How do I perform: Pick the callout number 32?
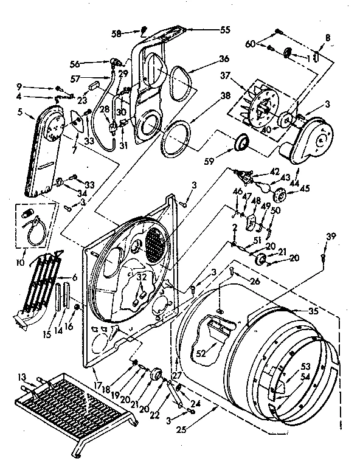coord(142,277)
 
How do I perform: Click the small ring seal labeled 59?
coord(243,144)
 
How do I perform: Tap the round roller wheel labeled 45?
coord(281,196)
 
